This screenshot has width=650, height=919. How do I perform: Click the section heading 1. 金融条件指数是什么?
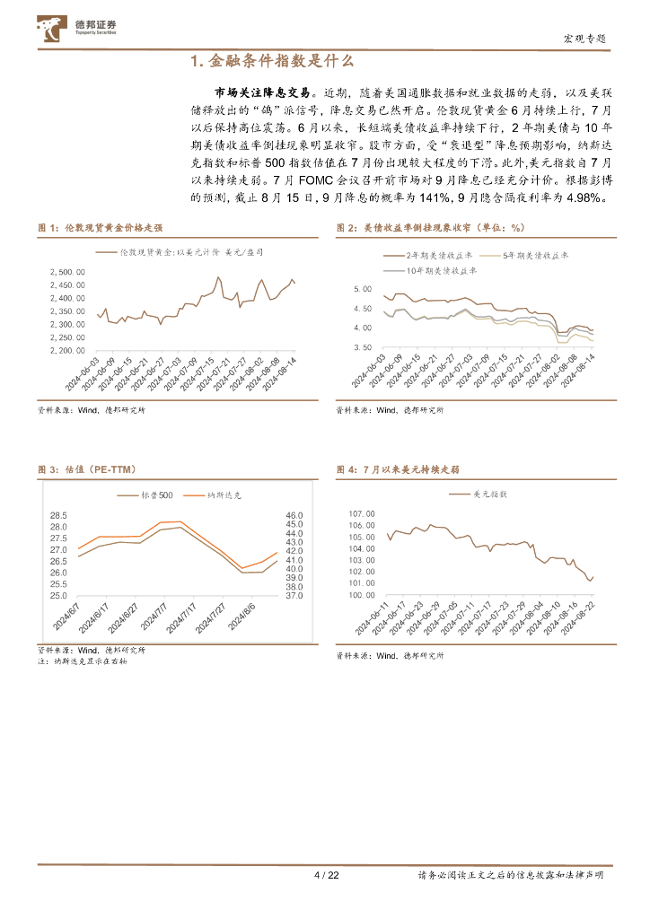point(273,62)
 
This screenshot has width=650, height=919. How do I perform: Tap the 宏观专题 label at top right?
point(584,39)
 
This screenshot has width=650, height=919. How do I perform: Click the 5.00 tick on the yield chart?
point(363,289)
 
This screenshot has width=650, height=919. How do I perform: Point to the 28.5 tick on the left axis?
point(59,515)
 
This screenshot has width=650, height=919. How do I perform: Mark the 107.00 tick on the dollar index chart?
point(361,513)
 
